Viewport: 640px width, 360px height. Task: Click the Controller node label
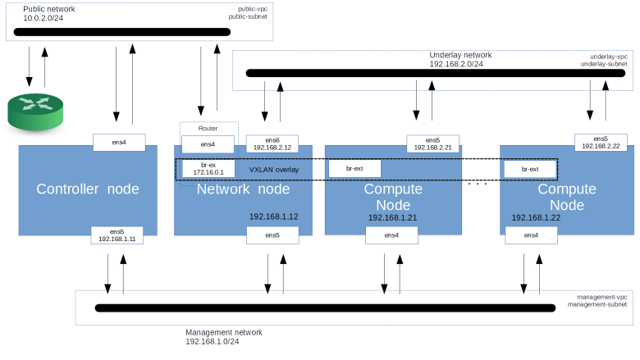[87, 189]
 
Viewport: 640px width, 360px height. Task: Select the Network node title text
[243, 189]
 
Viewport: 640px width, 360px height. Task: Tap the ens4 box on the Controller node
[119, 142]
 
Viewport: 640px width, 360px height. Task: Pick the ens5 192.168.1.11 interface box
[117, 235]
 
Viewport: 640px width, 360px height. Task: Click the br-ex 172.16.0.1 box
[208, 169]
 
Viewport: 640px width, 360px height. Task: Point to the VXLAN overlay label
[274, 170]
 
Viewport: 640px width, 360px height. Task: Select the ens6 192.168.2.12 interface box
[272, 144]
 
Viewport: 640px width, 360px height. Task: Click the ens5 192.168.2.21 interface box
[433, 144]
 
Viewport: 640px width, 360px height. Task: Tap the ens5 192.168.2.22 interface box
[601, 143]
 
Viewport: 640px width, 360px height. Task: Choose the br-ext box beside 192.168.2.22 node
[529, 169]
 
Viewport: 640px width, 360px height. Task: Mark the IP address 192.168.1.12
[273, 216]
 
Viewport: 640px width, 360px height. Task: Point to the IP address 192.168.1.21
[392, 218]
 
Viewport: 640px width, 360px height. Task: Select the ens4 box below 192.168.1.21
[391, 235]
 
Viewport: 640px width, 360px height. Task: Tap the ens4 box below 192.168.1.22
[530, 235]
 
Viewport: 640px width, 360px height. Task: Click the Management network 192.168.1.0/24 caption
[223, 336]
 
